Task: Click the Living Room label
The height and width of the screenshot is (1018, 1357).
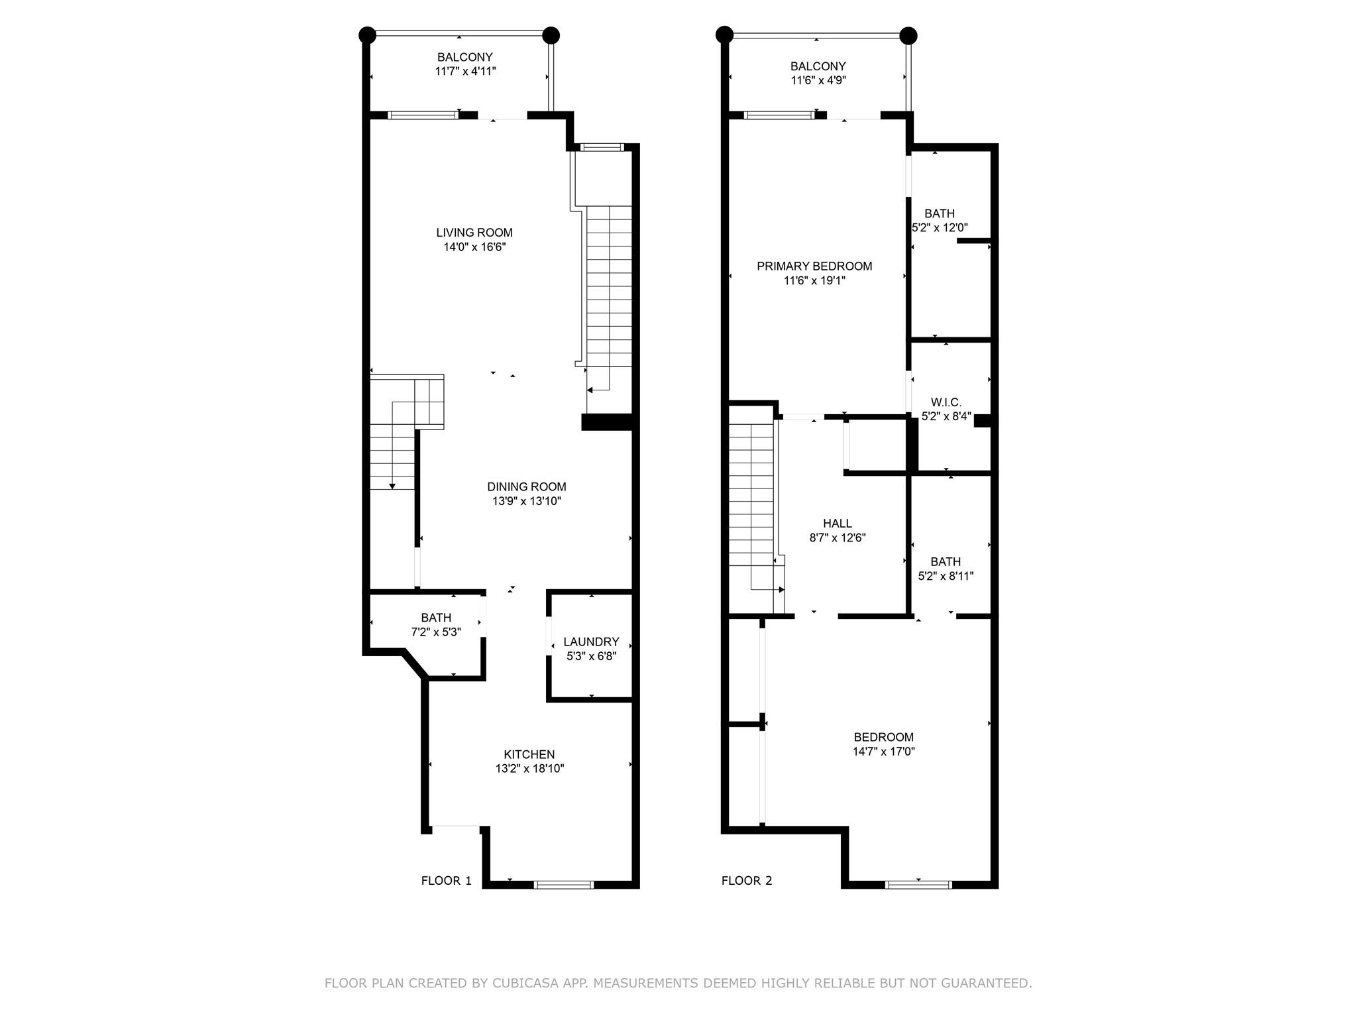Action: (x=474, y=233)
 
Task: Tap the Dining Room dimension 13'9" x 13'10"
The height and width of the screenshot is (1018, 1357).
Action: (x=527, y=501)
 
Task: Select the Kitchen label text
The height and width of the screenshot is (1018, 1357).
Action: (x=529, y=754)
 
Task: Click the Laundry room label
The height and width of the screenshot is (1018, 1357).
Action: (x=591, y=642)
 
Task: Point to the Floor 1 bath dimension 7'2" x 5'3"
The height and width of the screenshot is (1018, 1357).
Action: (x=436, y=632)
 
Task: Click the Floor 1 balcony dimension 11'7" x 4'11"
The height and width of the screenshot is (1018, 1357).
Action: (x=465, y=71)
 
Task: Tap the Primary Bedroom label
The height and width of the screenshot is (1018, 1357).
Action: (x=814, y=266)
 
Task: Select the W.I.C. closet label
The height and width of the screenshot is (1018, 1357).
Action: (x=946, y=402)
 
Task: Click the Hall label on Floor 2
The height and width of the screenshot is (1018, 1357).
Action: (x=838, y=524)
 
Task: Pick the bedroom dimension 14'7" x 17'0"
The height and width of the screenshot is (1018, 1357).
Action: (x=884, y=752)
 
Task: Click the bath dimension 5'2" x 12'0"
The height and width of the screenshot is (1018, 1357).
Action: (x=940, y=227)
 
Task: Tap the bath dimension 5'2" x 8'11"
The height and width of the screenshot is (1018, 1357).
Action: (x=946, y=576)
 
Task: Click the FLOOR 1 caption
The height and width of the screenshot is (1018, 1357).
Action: (x=447, y=881)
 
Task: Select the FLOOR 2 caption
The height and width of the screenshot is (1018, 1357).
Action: (x=747, y=881)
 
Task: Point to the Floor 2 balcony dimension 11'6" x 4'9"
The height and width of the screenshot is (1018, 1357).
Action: (x=818, y=80)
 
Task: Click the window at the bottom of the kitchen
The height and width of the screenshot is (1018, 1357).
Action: (x=564, y=884)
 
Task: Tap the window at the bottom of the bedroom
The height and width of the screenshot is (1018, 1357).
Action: (x=919, y=884)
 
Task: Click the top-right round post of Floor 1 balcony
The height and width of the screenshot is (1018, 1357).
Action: (x=551, y=35)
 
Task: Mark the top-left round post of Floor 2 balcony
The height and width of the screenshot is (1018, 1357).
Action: (x=724, y=34)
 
